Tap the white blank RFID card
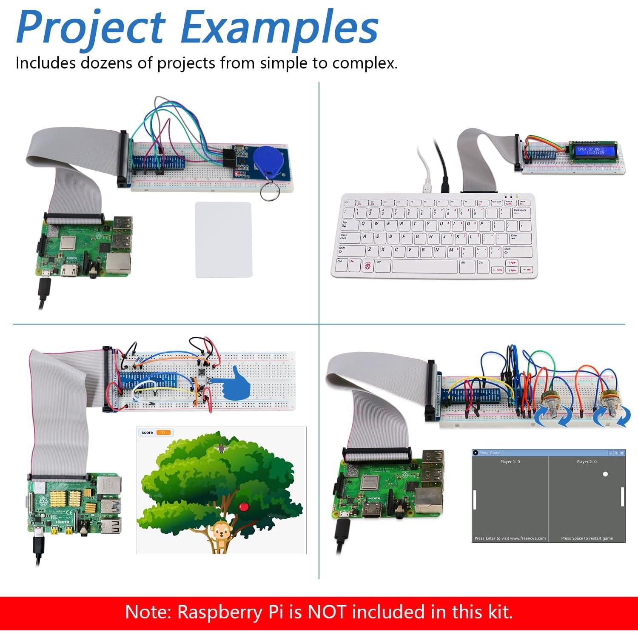(223, 240)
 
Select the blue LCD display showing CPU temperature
(590, 151)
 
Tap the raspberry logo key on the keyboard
(367, 266)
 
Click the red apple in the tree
(244, 506)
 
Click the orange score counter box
(164, 433)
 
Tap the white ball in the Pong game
(605, 474)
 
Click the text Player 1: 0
(510, 461)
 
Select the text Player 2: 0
(587, 461)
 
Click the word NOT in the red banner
(327, 612)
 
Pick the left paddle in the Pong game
(475, 499)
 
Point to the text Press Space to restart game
(587, 538)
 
